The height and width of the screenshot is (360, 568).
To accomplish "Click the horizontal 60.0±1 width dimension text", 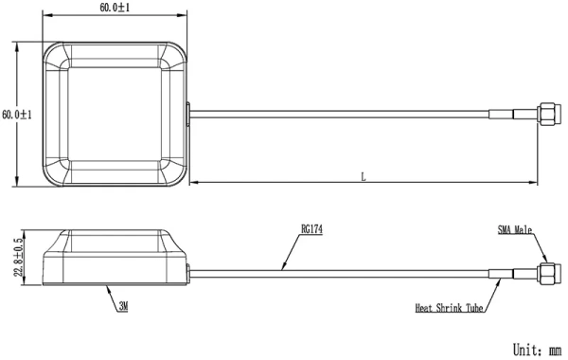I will tap(115, 8).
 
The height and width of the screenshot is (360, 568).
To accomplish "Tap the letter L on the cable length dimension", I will tap(364, 175).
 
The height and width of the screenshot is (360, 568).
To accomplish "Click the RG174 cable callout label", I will tap(311, 228).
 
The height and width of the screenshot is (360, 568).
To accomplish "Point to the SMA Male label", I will tap(520, 229).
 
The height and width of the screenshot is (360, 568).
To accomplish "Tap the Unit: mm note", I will tap(536, 349).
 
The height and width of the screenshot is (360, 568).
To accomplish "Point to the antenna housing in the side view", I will tap(115, 258).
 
